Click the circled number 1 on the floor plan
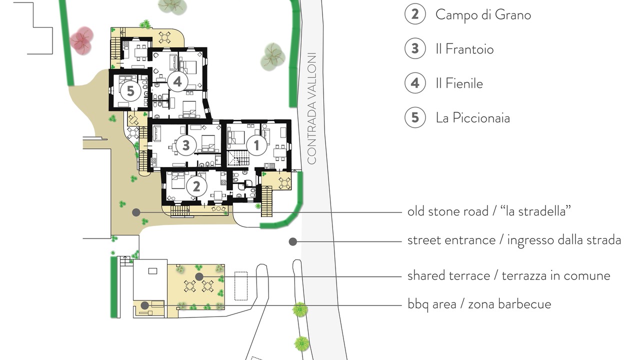[x=256, y=145]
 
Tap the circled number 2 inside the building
[x=196, y=186]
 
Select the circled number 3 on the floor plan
[x=186, y=145]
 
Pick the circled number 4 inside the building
[x=177, y=81]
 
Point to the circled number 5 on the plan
[x=130, y=91]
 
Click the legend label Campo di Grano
[x=483, y=15]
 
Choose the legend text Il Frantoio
[x=464, y=49]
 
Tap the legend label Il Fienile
[x=459, y=83]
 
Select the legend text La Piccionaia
[x=473, y=117]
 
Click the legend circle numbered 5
[x=415, y=117]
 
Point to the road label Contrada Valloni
[x=312, y=108]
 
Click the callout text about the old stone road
[x=489, y=211]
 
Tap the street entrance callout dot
[x=292, y=241]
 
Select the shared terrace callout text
[x=508, y=276]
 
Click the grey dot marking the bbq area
[x=145, y=305]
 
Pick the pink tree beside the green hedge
[x=81, y=40]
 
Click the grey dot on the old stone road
[x=136, y=212]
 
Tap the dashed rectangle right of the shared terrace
[x=241, y=285]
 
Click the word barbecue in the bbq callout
[x=524, y=304]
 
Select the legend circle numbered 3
[x=415, y=48]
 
